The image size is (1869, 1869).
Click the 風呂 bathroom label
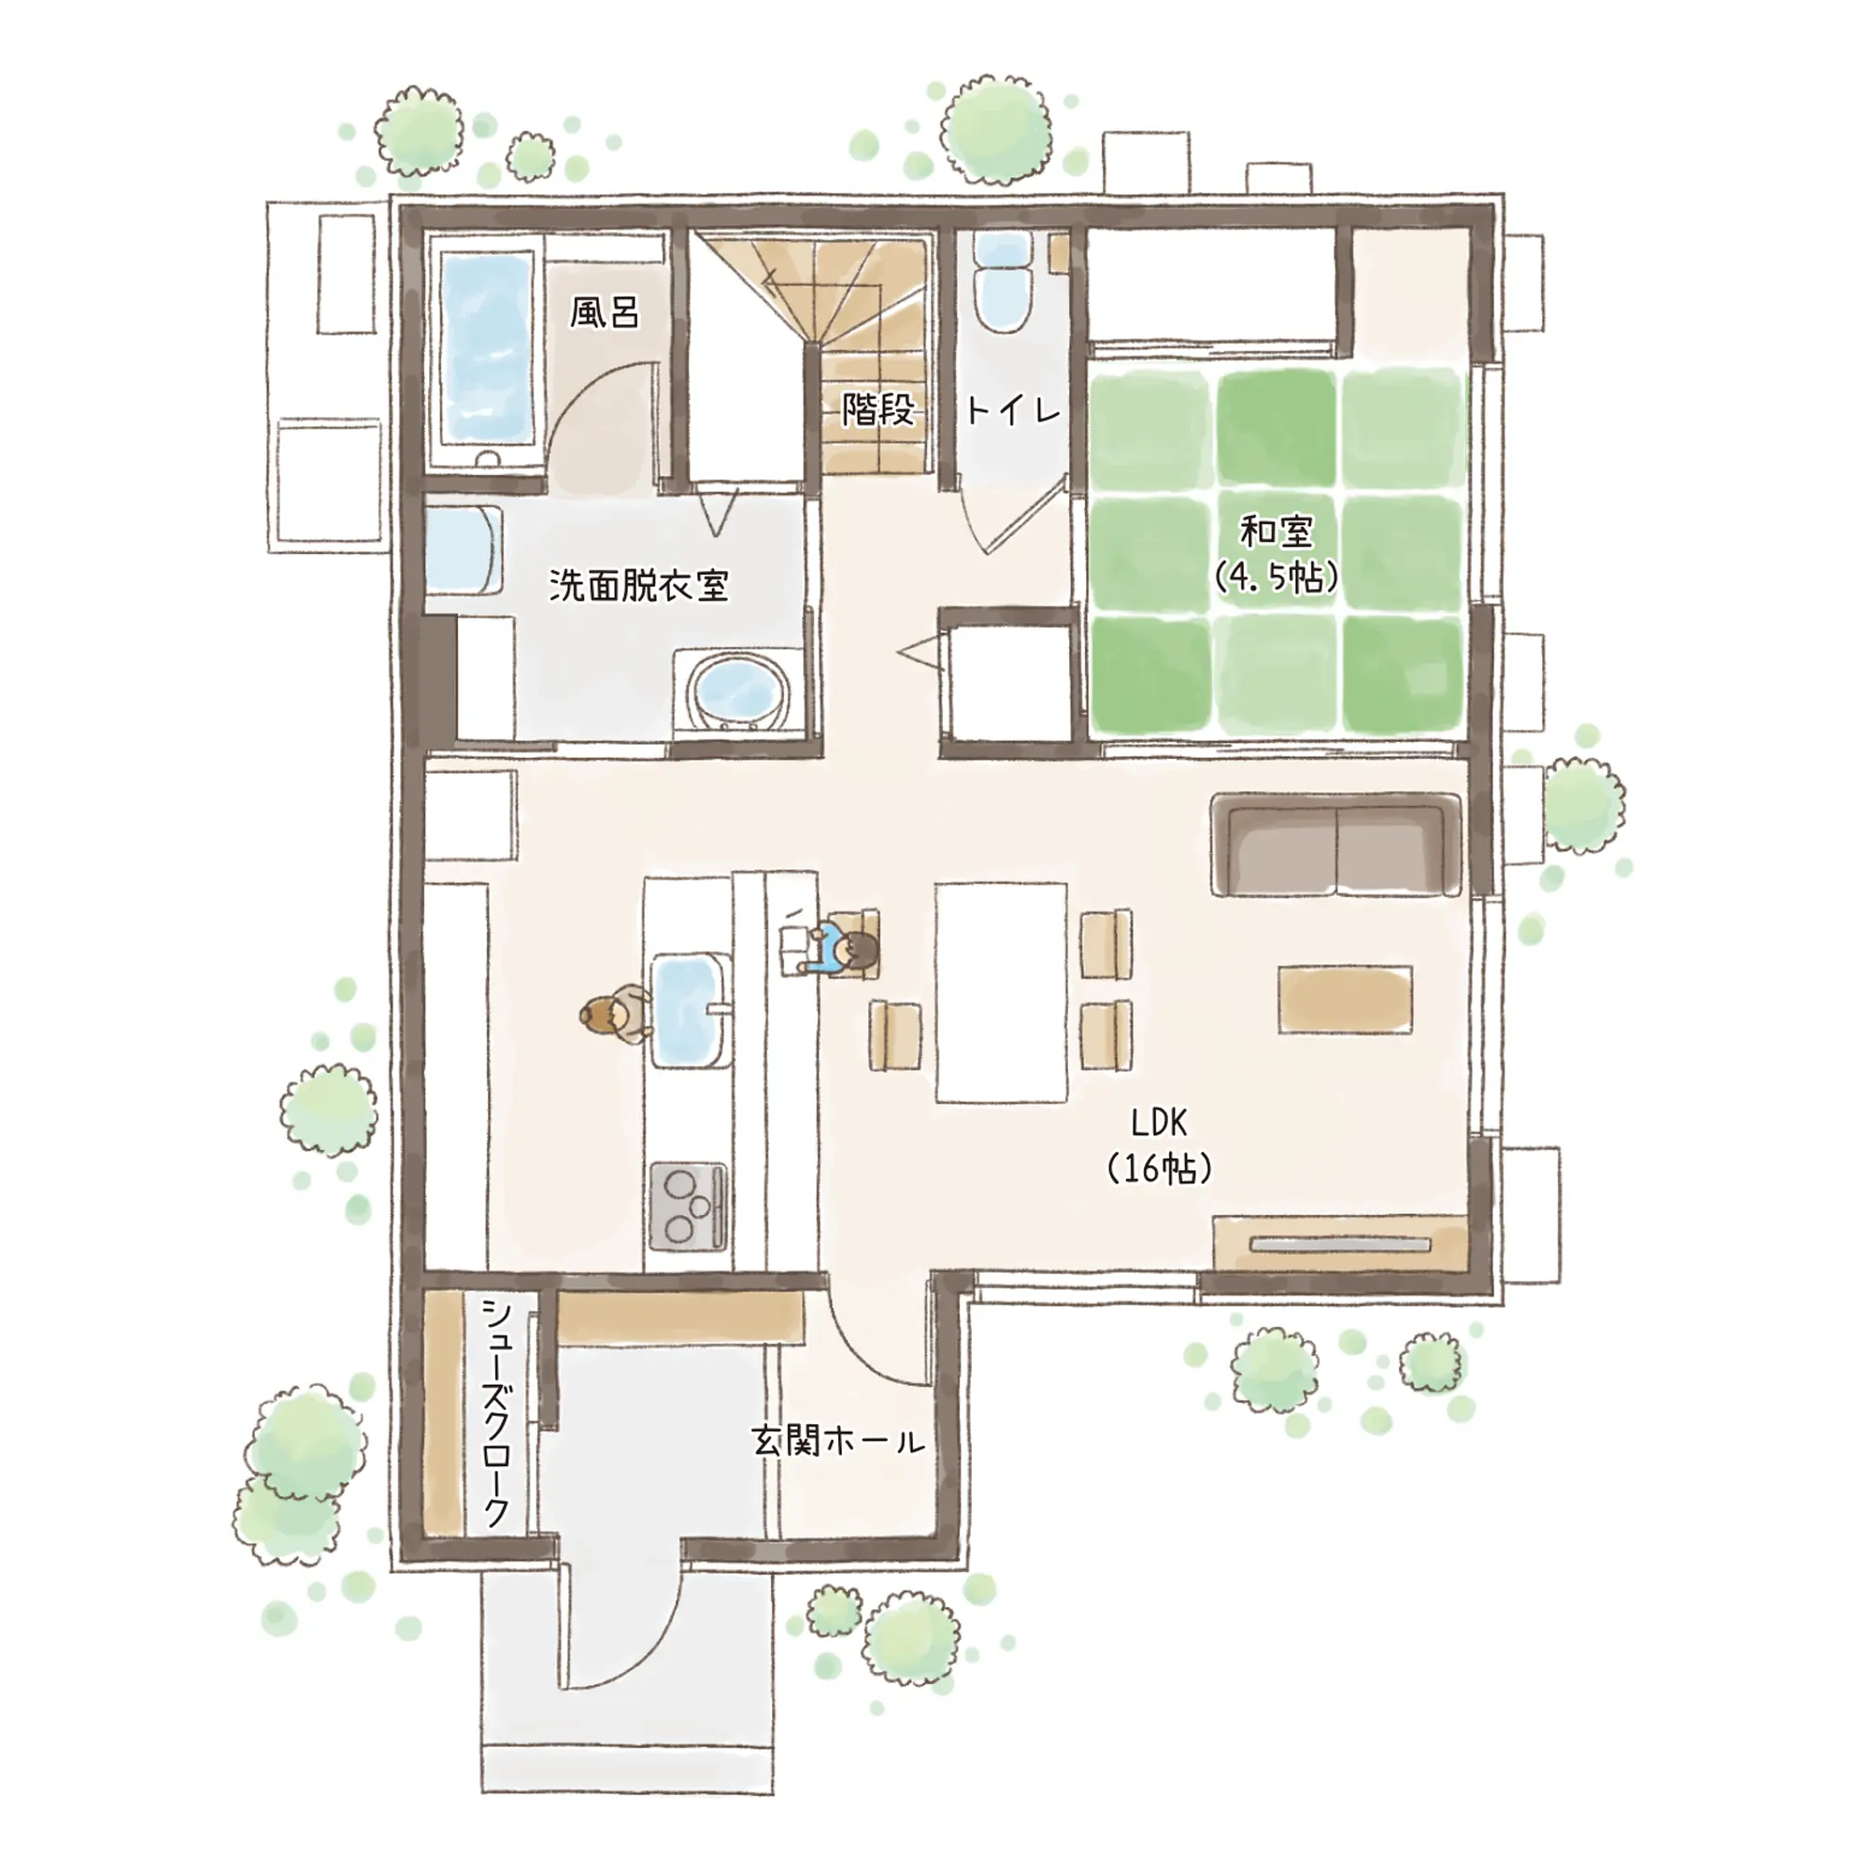[604, 312]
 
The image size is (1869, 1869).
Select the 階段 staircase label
[877, 409]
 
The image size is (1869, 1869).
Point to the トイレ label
[1013, 411]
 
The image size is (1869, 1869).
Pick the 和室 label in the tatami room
[1276, 531]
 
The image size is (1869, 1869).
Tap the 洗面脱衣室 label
[638, 585]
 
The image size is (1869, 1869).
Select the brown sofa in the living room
[1336, 845]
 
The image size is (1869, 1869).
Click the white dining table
[1001, 992]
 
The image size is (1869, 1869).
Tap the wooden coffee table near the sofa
[1345, 999]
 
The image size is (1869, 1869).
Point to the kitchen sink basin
[691, 1010]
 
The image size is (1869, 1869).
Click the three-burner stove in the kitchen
[688, 1207]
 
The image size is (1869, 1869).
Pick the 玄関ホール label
[837, 1442]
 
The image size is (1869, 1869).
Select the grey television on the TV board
[1340, 1244]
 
